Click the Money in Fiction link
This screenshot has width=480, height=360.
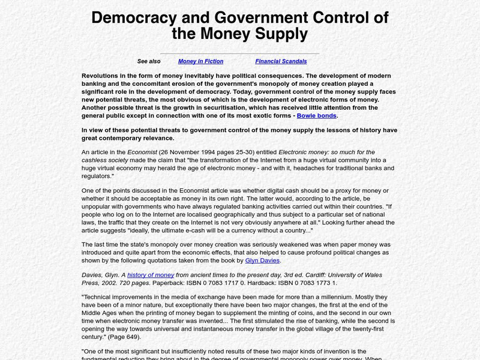tap(200, 61)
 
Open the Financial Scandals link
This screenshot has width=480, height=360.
tap(281, 61)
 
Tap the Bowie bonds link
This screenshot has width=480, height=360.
tap(317, 116)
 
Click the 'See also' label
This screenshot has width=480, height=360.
tap(149, 61)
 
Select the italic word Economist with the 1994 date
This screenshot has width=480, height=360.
tap(142, 152)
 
